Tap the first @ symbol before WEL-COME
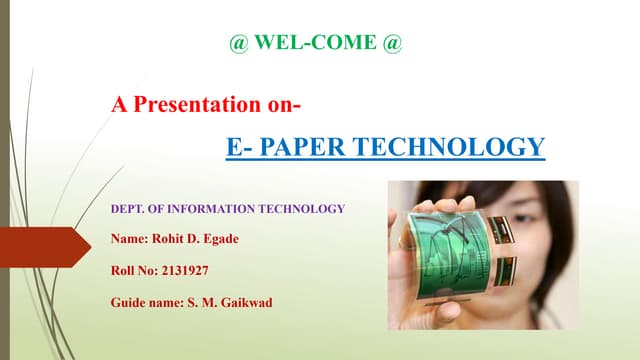click(238, 45)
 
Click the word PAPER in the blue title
click(314, 148)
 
